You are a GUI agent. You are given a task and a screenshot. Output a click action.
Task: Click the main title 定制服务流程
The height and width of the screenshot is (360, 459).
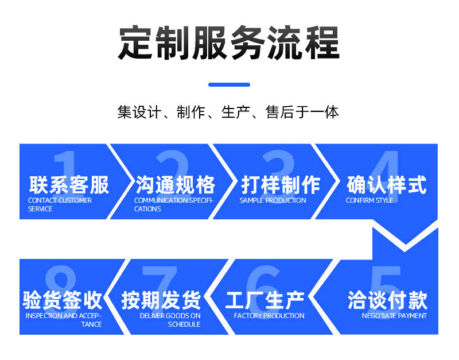click(x=228, y=42)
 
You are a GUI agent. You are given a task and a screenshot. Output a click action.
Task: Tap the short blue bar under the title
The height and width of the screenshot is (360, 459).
click(x=229, y=84)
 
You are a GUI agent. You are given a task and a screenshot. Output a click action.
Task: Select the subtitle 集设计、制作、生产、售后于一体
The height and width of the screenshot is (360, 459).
click(x=228, y=112)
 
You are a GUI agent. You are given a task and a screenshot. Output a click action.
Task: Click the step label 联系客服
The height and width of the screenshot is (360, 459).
click(x=69, y=185)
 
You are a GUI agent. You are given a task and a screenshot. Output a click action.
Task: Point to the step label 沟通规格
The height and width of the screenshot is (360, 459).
click(x=176, y=185)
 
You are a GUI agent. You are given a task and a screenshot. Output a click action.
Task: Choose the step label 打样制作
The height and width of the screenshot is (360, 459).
click(x=281, y=185)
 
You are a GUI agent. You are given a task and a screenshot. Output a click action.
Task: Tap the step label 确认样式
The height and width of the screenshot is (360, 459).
click(x=386, y=185)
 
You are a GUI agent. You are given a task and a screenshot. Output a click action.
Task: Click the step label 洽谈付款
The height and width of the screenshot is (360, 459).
click(x=388, y=300)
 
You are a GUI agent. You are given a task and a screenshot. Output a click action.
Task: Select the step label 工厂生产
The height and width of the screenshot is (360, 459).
click(x=265, y=300)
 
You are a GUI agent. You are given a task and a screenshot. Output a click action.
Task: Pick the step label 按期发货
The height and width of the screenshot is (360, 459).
click(x=161, y=300)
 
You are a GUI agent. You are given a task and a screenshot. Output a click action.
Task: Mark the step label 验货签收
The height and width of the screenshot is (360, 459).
click(x=63, y=300)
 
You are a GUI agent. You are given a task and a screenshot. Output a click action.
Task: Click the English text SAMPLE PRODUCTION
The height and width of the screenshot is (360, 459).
click(x=273, y=200)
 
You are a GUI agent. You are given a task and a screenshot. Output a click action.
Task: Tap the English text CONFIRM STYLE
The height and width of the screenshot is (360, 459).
click(x=369, y=200)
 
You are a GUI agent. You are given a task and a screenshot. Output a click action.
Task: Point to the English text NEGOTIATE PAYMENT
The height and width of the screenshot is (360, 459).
click(x=394, y=316)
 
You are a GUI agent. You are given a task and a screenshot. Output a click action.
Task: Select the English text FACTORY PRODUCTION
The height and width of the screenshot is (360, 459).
click(x=269, y=316)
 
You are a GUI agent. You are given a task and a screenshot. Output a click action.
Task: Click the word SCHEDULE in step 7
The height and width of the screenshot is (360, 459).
click(x=184, y=324)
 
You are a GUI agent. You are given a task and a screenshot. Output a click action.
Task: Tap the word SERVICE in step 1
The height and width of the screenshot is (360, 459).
click(x=40, y=209)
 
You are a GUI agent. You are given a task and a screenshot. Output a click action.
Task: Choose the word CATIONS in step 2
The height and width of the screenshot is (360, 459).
click(x=147, y=209)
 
